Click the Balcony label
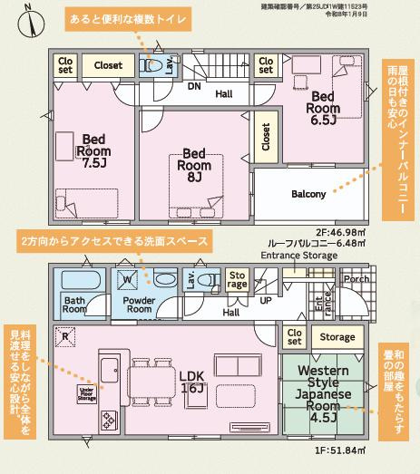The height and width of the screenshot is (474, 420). pyautogui.click(x=308, y=194)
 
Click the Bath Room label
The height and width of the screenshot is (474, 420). pyautogui.click(x=73, y=303)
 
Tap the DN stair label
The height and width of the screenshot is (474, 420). pyautogui.click(x=194, y=87)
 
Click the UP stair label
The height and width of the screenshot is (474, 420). pyautogui.click(x=265, y=299)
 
